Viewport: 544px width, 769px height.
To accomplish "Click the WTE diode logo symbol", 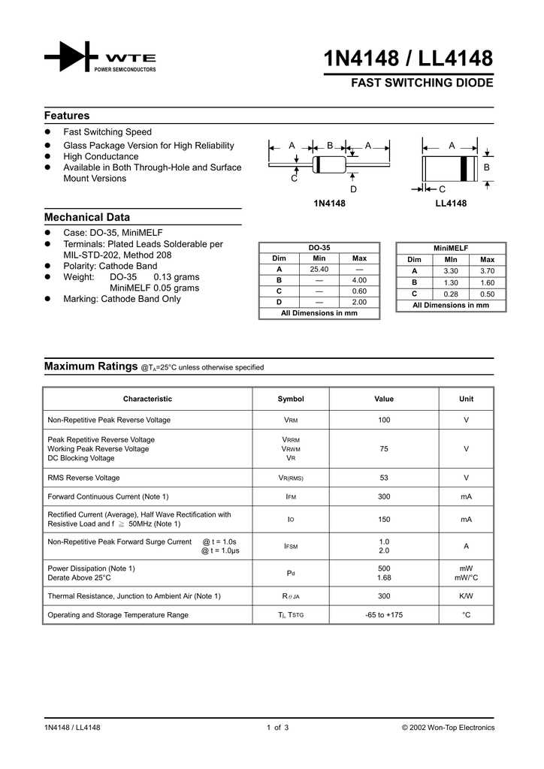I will pos(71,57).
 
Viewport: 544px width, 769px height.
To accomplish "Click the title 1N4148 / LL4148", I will pos(408,59).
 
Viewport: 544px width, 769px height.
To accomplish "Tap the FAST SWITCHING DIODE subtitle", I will pos(422,83).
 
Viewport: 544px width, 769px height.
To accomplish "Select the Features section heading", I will pos(67,116).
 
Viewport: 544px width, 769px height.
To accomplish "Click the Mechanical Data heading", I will pos(87,217).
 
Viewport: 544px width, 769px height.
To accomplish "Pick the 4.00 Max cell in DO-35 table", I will pos(359,280).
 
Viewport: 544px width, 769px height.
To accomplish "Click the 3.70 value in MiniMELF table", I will pos(487,270).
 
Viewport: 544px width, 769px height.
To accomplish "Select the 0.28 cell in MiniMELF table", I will pos(451,294).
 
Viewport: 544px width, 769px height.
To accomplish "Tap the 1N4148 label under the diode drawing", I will pos(329,204).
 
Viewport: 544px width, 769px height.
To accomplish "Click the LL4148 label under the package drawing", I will pos(451,204).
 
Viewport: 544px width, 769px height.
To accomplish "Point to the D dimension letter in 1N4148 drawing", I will pos(353,189).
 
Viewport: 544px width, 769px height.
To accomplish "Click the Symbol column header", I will pos(291,399).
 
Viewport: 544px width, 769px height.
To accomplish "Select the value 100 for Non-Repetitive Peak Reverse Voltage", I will pos(384,420).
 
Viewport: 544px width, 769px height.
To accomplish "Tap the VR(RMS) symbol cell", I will pos(291,478).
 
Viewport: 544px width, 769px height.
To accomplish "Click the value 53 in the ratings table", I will pos(384,478).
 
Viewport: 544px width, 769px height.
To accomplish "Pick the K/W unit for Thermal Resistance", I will pos(466,596).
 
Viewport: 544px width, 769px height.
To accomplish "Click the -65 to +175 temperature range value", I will pos(384,615).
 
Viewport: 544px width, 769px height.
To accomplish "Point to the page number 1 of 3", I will pos(277,728).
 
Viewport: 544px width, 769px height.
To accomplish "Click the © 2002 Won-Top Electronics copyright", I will pos(449,728).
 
